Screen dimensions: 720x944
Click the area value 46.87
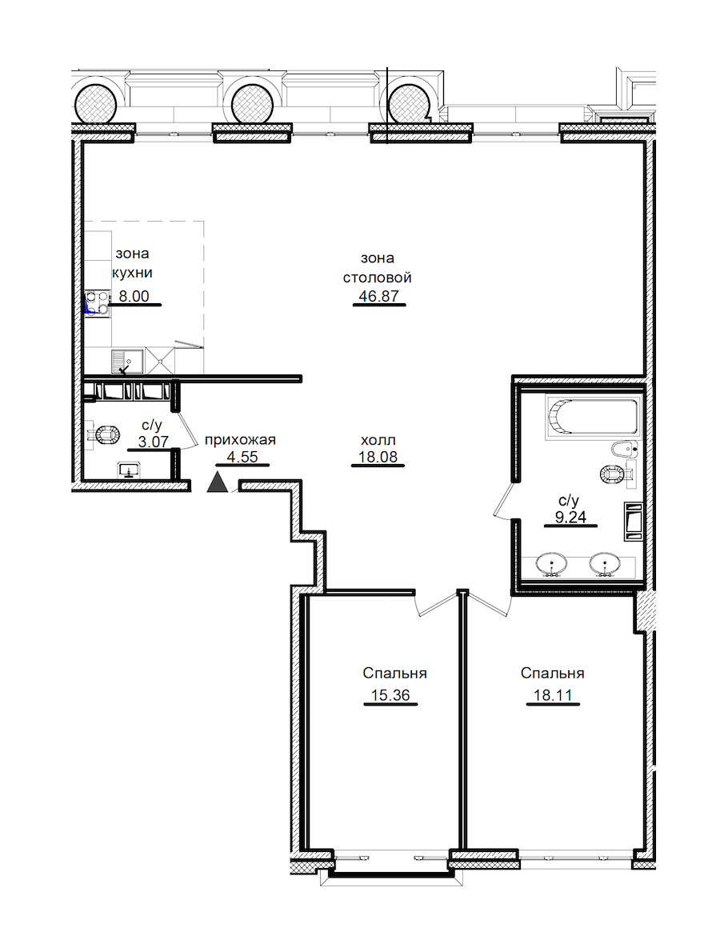378,296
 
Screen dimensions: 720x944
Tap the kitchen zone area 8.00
134,296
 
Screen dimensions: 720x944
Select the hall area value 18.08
378,457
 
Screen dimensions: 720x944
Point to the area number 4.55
242,457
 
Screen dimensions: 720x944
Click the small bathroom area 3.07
153,442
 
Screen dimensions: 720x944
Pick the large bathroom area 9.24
570,517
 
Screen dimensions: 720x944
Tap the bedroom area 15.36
390,695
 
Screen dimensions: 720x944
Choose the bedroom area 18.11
553,695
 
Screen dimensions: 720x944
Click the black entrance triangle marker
218,482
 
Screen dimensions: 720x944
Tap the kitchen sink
127,362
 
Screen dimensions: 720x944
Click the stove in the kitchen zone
98,303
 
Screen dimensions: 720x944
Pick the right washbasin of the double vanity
605,565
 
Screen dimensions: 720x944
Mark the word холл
378,440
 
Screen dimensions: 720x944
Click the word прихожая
240,440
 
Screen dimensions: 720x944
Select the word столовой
378,278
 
